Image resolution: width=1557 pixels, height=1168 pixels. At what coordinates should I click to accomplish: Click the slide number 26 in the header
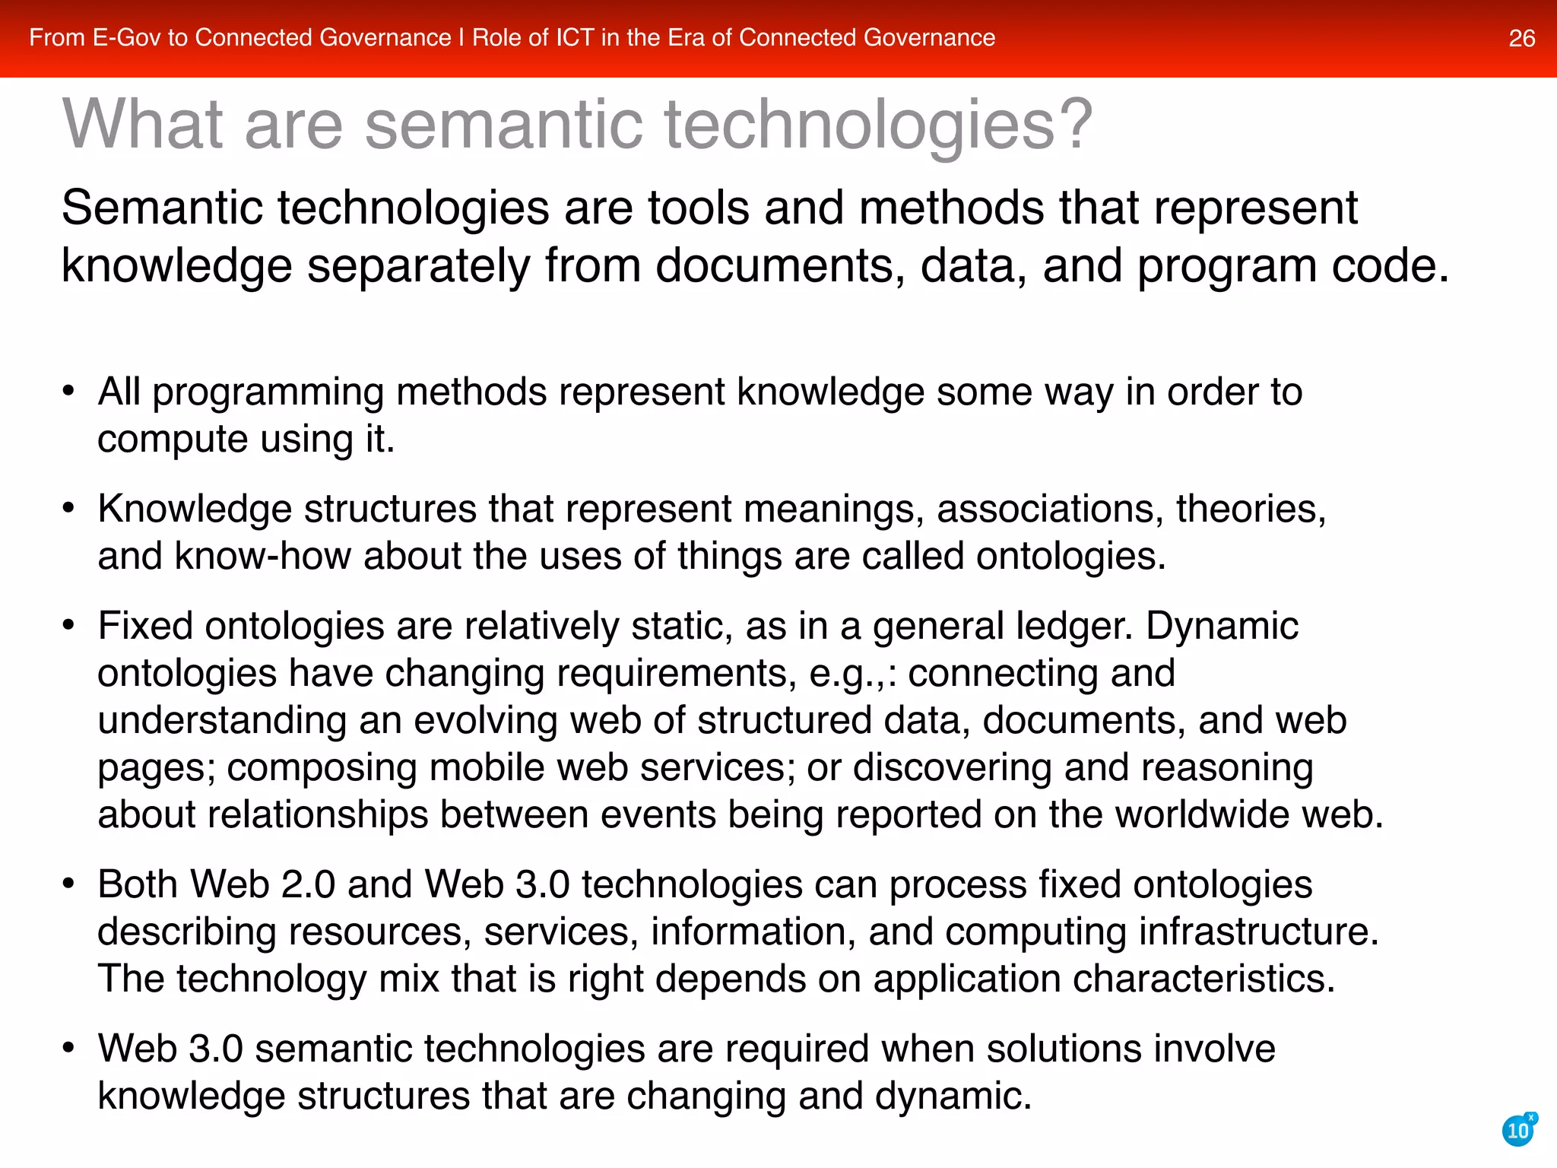point(1521,38)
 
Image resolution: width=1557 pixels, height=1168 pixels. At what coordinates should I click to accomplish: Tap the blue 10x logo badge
point(1518,1130)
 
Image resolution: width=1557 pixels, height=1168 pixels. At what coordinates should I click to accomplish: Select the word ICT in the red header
point(574,37)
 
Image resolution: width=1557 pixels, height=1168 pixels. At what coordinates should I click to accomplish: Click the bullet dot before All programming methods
point(68,392)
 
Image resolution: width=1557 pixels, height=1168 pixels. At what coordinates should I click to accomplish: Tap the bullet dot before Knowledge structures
point(68,509)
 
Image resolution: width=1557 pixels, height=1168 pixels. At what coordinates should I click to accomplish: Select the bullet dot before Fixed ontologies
point(68,626)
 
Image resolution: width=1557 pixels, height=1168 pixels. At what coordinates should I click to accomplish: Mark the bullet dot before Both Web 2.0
point(68,884)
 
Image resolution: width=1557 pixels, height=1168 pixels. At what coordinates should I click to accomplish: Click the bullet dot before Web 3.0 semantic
point(68,1049)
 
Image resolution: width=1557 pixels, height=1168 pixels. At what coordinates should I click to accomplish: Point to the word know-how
point(262,556)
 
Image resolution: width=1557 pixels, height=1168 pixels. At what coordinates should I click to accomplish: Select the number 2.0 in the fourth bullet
point(307,884)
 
